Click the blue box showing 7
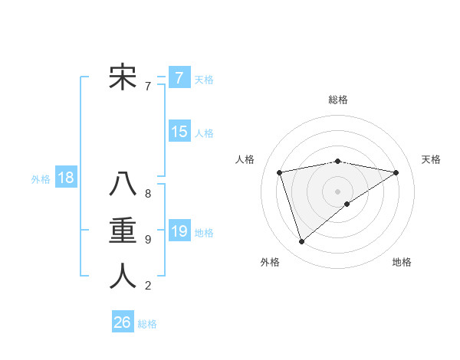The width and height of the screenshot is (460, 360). (x=179, y=77)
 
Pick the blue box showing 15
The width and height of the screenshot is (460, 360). (x=179, y=132)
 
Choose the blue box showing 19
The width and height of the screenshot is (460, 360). (x=179, y=231)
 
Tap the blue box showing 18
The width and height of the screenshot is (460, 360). (x=66, y=178)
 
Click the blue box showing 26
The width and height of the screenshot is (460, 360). (x=122, y=322)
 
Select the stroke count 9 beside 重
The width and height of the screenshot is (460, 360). (x=148, y=240)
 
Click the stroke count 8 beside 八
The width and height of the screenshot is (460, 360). (x=148, y=194)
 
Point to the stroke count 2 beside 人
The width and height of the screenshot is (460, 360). (x=148, y=286)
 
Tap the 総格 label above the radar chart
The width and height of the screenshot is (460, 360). (x=338, y=100)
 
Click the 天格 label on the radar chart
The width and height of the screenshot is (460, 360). (x=431, y=159)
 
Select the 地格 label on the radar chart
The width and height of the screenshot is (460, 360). (x=402, y=262)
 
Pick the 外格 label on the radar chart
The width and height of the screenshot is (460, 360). (x=270, y=262)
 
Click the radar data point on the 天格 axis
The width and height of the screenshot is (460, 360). (x=396, y=172)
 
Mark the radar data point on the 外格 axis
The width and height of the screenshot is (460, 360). (x=301, y=242)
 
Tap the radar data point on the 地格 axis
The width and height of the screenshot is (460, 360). (x=347, y=204)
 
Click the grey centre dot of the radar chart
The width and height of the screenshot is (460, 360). (x=337, y=191)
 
